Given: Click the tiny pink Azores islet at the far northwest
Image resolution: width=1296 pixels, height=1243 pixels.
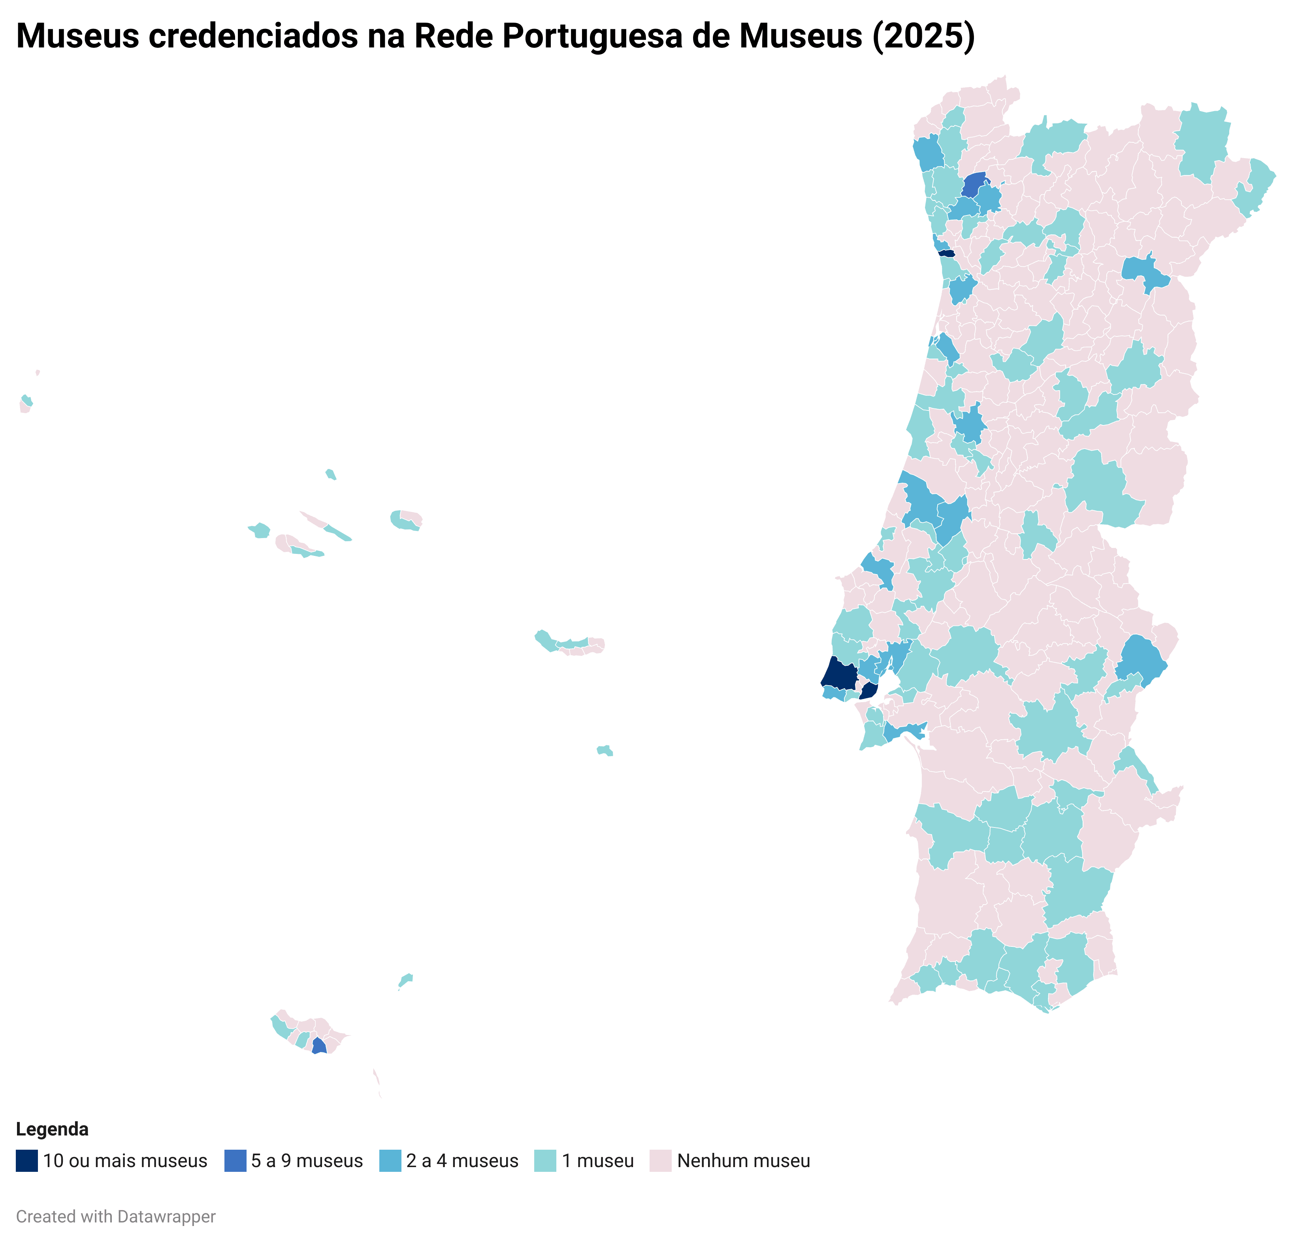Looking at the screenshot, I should pyautogui.click(x=38, y=372).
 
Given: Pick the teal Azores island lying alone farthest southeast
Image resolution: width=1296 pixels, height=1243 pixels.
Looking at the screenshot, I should pyautogui.click(x=605, y=750).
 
